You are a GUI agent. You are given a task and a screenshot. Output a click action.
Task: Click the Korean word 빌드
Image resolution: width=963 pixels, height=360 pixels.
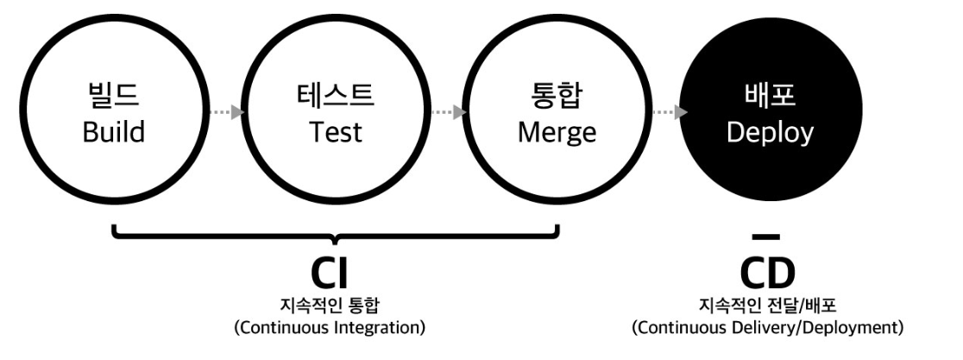(114, 96)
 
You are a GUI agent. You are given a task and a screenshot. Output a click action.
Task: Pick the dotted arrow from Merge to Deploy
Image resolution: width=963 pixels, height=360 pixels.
(669, 112)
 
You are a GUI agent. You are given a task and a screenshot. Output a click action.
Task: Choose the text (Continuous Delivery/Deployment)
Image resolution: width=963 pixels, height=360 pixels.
(767, 328)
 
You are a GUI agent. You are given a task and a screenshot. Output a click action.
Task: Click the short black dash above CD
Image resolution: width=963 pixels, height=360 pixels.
(766, 236)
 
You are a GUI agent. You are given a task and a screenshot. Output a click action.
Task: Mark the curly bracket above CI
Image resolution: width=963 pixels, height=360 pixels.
(336, 235)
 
